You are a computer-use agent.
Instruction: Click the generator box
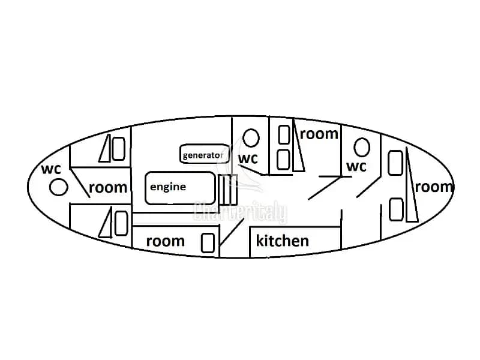coord(204,154)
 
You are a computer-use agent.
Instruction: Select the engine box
coord(181,188)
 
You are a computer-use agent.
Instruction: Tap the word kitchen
coord(282,241)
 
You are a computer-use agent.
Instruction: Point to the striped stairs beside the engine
coord(228,190)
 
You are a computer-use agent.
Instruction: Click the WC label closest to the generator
coord(248,159)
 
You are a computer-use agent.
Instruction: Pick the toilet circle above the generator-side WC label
coord(251,138)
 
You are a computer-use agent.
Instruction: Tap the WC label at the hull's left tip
coord(51,169)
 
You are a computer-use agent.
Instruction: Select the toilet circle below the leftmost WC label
coord(58,187)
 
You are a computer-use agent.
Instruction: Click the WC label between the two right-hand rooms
coord(356,167)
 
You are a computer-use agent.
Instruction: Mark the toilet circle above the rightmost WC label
coord(362,147)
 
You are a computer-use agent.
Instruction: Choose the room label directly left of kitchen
coord(166,241)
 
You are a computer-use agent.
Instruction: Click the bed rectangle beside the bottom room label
coord(208,243)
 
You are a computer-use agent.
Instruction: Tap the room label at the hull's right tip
coord(434,187)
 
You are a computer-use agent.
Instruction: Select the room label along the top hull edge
coord(319,134)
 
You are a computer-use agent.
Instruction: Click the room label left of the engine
coord(108,187)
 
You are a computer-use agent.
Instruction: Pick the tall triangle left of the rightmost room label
coord(412,185)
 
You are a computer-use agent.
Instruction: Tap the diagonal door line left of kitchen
coord(232,232)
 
